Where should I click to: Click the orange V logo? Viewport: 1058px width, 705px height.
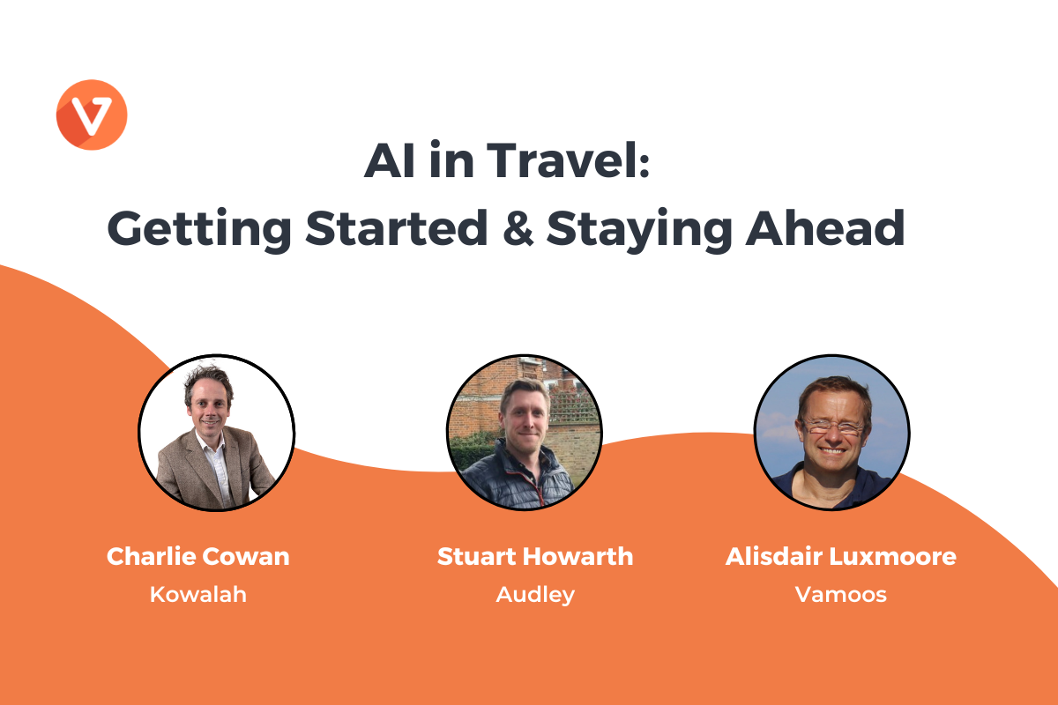[92, 115]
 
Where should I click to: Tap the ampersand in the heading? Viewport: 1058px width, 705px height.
[518, 227]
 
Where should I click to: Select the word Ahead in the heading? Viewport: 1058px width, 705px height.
[825, 227]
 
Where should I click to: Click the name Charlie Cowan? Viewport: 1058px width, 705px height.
[197, 556]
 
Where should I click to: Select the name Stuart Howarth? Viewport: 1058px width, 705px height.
[535, 556]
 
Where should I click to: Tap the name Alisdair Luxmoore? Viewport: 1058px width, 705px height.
[841, 556]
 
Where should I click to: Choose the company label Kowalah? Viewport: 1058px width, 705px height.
[197, 595]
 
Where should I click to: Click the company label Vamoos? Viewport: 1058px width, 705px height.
[841, 595]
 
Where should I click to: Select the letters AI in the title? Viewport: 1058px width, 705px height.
[390, 160]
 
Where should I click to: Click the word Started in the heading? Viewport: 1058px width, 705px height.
[396, 227]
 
